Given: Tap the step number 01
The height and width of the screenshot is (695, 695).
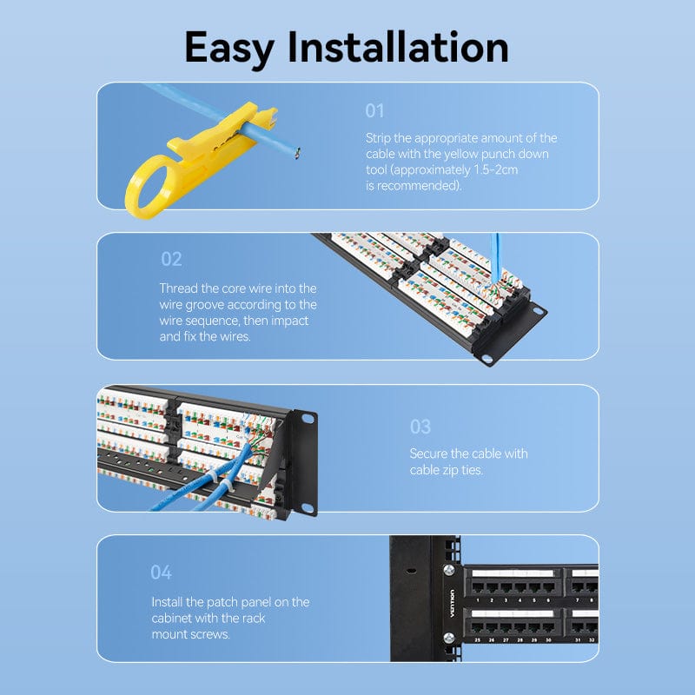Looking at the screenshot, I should [x=374, y=110].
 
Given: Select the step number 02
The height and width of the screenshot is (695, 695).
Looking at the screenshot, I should [x=171, y=259].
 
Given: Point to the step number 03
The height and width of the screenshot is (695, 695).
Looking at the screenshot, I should [x=420, y=427].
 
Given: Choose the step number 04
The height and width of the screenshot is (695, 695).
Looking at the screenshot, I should [x=161, y=573].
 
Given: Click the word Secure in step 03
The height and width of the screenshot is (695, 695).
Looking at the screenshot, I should [x=429, y=453].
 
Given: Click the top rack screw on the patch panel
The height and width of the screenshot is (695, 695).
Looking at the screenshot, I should [x=449, y=571].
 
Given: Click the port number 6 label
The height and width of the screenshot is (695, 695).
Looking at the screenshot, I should [x=548, y=600].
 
